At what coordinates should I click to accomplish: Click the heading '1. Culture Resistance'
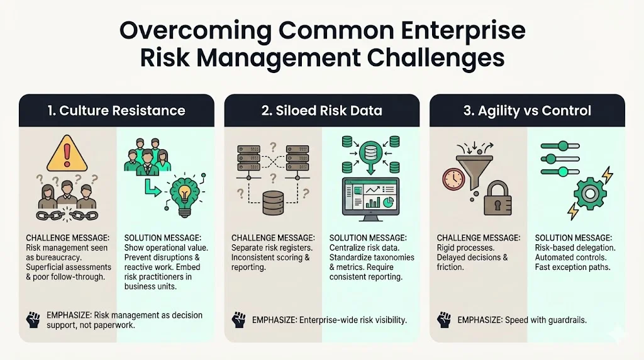116,111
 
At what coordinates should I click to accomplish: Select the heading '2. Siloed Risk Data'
321,111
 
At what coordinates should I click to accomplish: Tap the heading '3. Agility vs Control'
527,111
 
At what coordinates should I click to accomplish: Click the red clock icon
453,179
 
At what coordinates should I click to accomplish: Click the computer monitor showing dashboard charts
370,198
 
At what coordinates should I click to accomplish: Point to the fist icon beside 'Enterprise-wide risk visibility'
238,320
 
